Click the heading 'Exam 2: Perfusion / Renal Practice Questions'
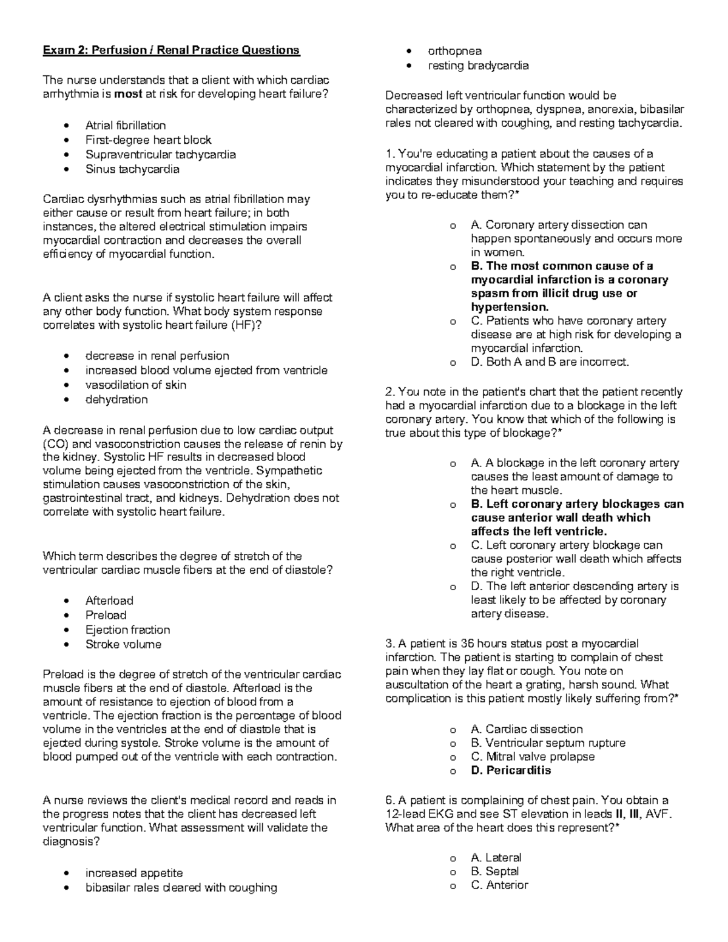coord(171,50)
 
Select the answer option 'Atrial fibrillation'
coord(126,126)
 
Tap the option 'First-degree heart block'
coord(148,140)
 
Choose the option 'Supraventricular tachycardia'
coord(160,155)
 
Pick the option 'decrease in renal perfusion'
coord(157,356)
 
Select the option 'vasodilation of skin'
coord(136,385)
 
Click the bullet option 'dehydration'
coord(116,400)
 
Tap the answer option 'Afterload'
coord(109,601)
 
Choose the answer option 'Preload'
coord(106,615)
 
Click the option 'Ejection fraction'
coord(127,630)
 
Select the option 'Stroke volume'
coord(123,644)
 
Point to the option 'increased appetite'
coord(134,873)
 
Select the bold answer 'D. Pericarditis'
coord(511,770)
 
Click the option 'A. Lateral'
coord(496,858)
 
